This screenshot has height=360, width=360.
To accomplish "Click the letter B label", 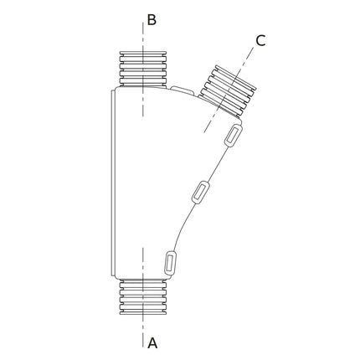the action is pyautogui.click(x=152, y=20).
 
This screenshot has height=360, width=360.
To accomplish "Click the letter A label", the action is pyautogui.click(x=152, y=342).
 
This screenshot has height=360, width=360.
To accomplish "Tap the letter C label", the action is pyautogui.click(x=260, y=41).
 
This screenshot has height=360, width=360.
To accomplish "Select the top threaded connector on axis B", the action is pyautogui.click(x=143, y=69).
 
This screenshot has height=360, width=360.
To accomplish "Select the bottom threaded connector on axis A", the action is pyautogui.click(x=143, y=297).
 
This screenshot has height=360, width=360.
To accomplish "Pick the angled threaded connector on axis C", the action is pyautogui.click(x=229, y=90).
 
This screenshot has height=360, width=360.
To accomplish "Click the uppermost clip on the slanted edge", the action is pyautogui.click(x=234, y=136).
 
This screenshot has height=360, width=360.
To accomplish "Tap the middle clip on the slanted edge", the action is pyautogui.click(x=200, y=192).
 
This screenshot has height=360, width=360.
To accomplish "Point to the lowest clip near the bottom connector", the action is pyautogui.click(x=170, y=263).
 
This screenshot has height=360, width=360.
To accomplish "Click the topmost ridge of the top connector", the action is pyautogui.click(x=143, y=54).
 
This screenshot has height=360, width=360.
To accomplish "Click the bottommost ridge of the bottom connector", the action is pyautogui.click(x=143, y=312).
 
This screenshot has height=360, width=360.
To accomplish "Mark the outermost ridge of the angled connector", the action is pyautogui.click(x=236, y=78).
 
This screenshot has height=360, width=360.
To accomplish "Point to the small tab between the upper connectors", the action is pyautogui.click(x=182, y=90).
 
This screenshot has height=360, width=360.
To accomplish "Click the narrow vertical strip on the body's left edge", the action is pyautogui.click(x=113, y=183).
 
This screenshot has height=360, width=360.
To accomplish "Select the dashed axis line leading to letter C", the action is pyautogui.click(x=229, y=90).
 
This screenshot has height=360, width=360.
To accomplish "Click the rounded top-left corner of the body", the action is pyautogui.click(x=117, y=90).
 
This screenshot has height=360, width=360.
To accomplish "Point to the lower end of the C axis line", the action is pyautogui.click(x=204, y=131).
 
